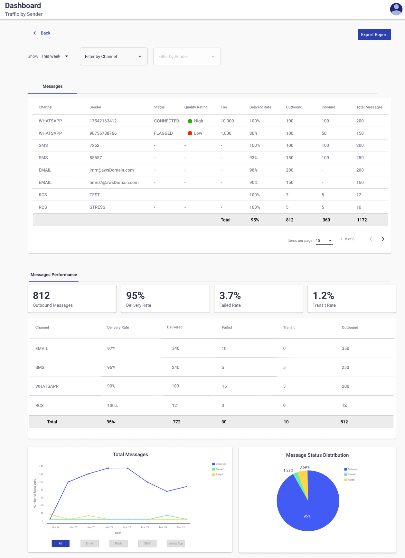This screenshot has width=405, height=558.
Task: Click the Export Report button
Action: [374, 35]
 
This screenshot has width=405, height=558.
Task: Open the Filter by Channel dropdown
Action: [113, 57]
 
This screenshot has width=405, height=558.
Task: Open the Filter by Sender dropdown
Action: [187, 57]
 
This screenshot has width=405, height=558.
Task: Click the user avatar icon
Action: [396, 9]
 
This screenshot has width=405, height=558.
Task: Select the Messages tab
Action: [52, 86]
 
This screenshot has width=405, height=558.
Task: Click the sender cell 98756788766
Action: [103, 133]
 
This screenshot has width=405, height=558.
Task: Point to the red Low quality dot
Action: [190, 133]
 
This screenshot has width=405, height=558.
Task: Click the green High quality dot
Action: [190, 121]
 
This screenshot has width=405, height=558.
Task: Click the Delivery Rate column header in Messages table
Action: [260, 107]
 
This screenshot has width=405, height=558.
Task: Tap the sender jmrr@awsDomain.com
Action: [111, 170]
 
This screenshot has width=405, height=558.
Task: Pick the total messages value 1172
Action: [362, 220]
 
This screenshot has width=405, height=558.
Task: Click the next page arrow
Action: [383, 239]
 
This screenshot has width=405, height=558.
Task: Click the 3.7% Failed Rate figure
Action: [230, 296]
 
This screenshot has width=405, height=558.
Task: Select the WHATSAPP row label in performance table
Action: [47, 386]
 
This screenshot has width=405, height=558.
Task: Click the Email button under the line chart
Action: [89, 544]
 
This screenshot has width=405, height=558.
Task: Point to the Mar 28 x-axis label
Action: [127, 527]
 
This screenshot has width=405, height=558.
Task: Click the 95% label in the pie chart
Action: [307, 516]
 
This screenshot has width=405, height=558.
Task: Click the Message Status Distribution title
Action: [317, 455]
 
